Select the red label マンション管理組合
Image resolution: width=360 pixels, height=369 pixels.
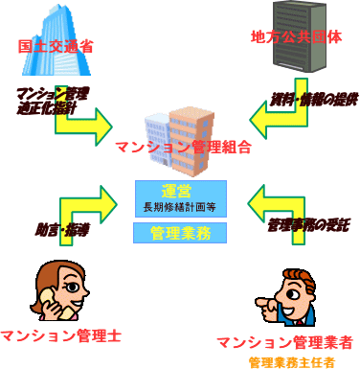[182, 148]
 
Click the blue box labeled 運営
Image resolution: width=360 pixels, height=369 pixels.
[180, 189]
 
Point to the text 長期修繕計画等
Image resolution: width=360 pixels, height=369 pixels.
[180, 205]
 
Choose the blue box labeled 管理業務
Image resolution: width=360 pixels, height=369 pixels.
[180, 232]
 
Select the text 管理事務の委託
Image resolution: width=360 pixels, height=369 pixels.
[309, 224]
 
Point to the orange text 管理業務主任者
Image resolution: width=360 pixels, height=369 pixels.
[291, 362]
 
